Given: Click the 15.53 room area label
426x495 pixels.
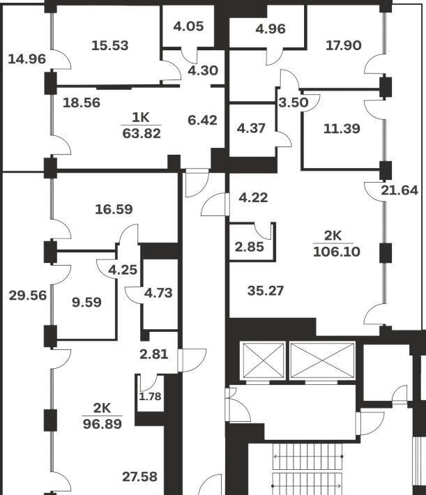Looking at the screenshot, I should pos(110,46).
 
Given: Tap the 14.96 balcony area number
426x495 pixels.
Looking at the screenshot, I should pos(27,59).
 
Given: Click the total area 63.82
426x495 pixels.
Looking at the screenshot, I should pos(142,133).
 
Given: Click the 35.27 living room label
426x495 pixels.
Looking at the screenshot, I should pos(266,290).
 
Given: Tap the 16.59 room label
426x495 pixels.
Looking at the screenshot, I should pos(114,208).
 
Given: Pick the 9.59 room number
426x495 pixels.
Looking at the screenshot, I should pos(86,303).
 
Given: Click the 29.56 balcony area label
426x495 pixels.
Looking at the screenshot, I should pos(28,295).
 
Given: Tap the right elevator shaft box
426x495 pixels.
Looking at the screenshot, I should pos(322,360).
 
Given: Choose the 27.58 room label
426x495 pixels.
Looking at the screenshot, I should pos(139,477).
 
